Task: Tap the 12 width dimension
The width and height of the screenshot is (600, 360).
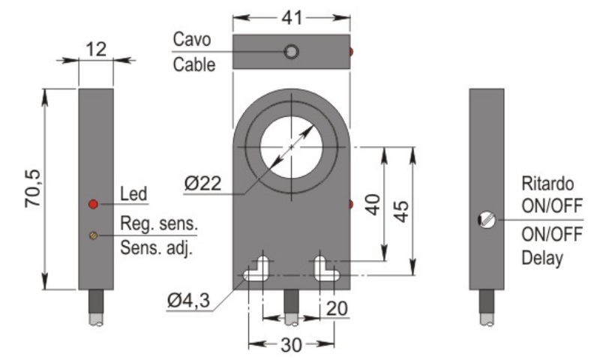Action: click(x=95, y=49)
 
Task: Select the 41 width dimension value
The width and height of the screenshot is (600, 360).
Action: click(x=290, y=15)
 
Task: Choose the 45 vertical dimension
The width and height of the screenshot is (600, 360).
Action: click(x=403, y=212)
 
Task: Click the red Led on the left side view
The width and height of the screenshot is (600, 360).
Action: click(x=93, y=204)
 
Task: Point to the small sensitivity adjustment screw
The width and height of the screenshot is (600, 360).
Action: click(x=93, y=235)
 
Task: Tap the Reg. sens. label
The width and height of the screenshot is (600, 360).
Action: click(x=159, y=223)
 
